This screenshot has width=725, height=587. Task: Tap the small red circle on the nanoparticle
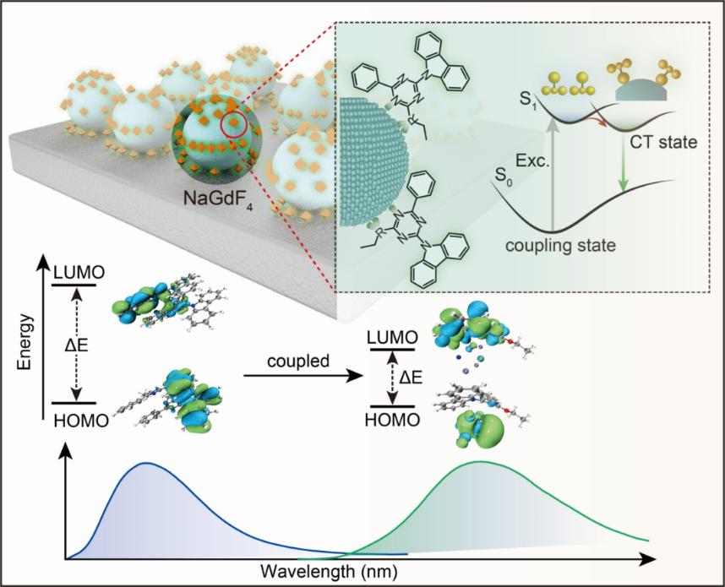coord(234,126)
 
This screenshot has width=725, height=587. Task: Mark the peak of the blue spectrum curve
coord(148,463)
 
